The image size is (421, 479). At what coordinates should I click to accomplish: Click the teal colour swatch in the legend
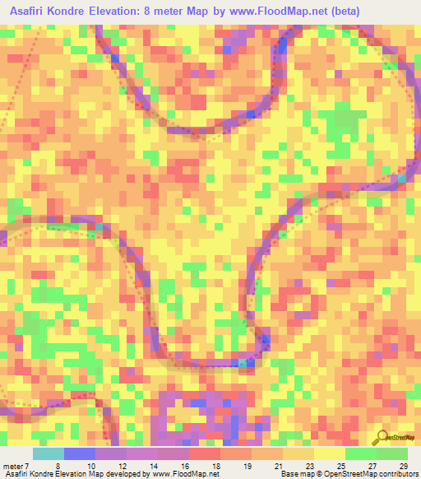(x=49, y=453)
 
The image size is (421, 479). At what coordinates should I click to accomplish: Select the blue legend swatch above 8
(x=80, y=453)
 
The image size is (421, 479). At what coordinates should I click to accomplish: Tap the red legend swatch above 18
(x=204, y=453)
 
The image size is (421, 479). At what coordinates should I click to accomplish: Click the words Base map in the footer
(x=295, y=474)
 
